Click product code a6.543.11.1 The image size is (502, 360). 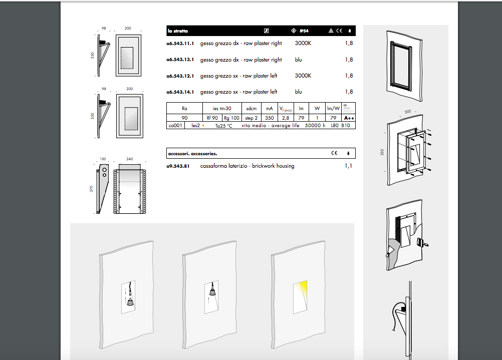180,44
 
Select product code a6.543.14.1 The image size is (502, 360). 180,92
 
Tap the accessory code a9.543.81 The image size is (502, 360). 178,166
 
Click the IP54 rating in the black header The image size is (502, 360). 304,31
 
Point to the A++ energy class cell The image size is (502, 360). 349,118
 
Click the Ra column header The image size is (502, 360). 184,109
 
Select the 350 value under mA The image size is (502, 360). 269,118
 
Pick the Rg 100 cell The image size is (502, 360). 231,118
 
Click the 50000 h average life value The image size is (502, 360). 315,126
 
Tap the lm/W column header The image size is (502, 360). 333,109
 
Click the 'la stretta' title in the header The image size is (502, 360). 178,31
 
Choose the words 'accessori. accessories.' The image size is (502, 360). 193,154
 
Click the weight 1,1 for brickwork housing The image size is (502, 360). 348,166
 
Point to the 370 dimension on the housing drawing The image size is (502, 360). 91,189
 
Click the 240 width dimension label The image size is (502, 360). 130,159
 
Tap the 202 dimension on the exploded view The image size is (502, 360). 407,112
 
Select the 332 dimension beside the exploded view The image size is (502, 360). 382,152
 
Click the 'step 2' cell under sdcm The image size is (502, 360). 252,118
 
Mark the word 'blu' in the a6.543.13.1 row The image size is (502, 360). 299,60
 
